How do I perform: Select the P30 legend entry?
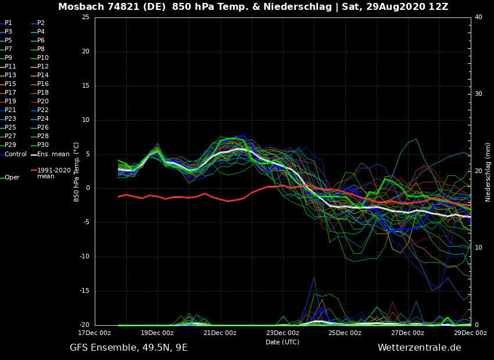click(x=43, y=145)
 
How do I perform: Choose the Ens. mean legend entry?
click(x=53, y=154)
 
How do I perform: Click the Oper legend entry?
click(x=12, y=177)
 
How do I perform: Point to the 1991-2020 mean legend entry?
click(x=53, y=173)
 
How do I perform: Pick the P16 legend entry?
click(x=43, y=84)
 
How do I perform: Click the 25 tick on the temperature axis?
click(x=85, y=17)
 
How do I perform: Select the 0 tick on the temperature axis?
click(x=87, y=188)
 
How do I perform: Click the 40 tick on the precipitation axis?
click(x=478, y=17)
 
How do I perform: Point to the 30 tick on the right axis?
click(x=478, y=94)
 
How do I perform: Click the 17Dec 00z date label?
click(x=95, y=333)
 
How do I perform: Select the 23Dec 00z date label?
click(x=282, y=333)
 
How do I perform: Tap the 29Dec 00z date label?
click(x=470, y=333)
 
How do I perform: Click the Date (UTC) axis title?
click(x=282, y=342)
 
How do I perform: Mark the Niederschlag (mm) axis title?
click(x=488, y=172)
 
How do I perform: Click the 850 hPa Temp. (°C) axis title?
click(x=77, y=171)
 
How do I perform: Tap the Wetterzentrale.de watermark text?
click(x=419, y=348)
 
